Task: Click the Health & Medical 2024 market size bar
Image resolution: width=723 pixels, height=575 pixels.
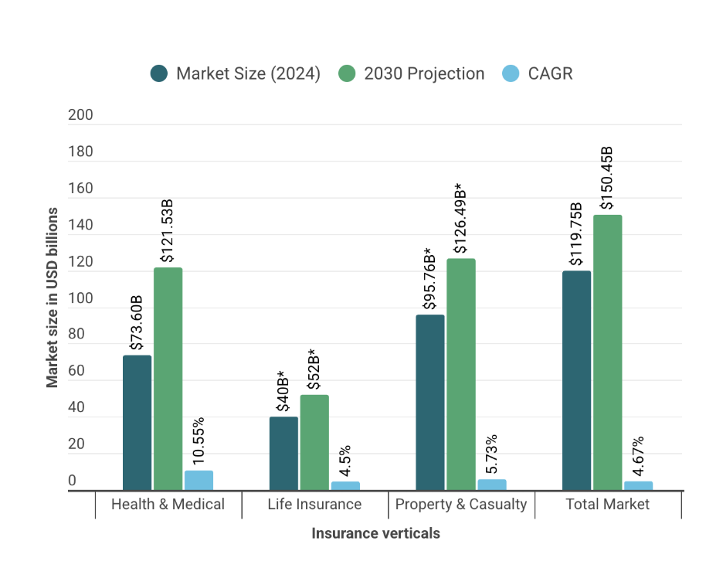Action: click(x=137, y=422)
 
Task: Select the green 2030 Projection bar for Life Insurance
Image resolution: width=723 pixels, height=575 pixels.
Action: click(x=314, y=442)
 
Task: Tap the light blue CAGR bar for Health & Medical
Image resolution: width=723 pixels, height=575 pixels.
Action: click(x=199, y=480)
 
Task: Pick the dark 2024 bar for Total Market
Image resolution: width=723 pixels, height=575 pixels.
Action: click(x=576, y=380)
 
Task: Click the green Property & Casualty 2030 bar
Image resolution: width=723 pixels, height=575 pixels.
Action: click(x=461, y=374)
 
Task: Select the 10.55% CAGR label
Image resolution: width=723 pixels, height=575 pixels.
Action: click(x=199, y=441)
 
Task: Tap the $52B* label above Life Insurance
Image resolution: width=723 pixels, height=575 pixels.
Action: click(x=314, y=369)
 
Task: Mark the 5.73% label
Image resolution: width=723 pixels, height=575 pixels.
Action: click(x=491, y=454)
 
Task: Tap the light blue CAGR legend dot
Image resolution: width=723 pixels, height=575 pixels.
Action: click(x=511, y=74)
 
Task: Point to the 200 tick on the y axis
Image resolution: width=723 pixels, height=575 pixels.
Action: click(x=80, y=115)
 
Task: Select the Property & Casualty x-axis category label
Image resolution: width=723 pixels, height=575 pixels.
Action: click(x=461, y=505)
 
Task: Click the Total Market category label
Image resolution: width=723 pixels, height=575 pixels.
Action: click(x=607, y=505)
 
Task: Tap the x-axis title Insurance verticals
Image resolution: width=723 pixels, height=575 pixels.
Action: click(x=375, y=533)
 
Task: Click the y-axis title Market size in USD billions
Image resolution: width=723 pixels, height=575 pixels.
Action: click(x=53, y=297)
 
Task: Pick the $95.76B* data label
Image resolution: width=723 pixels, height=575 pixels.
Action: click(x=429, y=279)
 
